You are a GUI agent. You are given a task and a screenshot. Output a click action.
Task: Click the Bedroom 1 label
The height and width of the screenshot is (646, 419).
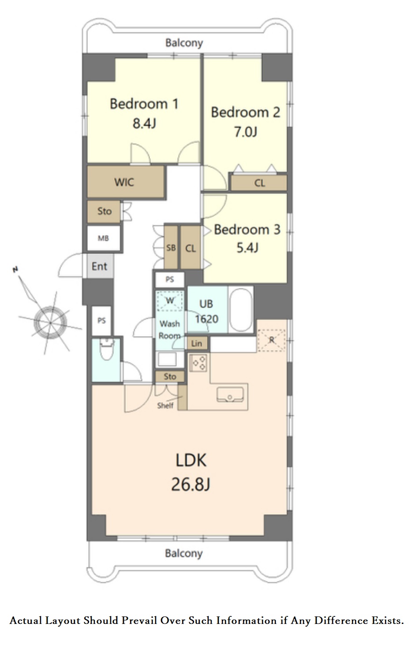(x=144, y=104)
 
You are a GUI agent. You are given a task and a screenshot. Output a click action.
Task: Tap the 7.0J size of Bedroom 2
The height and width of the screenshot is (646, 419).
(x=245, y=132)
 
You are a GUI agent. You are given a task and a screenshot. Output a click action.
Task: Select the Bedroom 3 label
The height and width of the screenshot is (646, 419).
(x=247, y=229)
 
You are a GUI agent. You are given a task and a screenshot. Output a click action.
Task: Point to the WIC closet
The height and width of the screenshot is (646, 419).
(x=126, y=182)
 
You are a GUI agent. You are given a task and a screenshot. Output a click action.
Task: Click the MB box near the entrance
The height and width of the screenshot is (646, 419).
(x=104, y=238)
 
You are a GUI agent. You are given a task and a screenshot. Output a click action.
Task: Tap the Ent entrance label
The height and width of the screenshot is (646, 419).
(x=99, y=266)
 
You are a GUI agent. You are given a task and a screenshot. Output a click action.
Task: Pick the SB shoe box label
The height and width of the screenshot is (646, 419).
(x=171, y=248)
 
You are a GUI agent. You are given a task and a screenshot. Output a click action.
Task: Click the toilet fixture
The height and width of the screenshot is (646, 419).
(x=107, y=349)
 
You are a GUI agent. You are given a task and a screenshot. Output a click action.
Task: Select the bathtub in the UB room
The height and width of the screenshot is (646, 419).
(x=241, y=310)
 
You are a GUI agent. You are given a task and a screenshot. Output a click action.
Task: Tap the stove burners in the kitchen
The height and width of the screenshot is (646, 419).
(x=198, y=362)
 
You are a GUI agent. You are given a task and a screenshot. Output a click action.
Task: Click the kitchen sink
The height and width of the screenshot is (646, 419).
(x=230, y=394)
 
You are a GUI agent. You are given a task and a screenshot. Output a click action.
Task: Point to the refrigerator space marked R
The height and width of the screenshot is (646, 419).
(x=271, y=340)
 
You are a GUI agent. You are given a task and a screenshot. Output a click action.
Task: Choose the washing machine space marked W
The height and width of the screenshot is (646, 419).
(x=170, y=301)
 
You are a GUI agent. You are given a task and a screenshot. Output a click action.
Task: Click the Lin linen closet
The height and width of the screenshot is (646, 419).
(x=197, y=343)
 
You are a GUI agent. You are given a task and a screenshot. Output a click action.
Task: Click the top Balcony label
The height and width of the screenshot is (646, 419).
(x=184, y=43)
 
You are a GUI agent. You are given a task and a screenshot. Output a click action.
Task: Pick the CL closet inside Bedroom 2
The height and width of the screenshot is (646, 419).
(x=259, y=183)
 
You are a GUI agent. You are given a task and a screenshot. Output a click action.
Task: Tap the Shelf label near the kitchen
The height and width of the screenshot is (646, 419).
(x=165, y=406)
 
